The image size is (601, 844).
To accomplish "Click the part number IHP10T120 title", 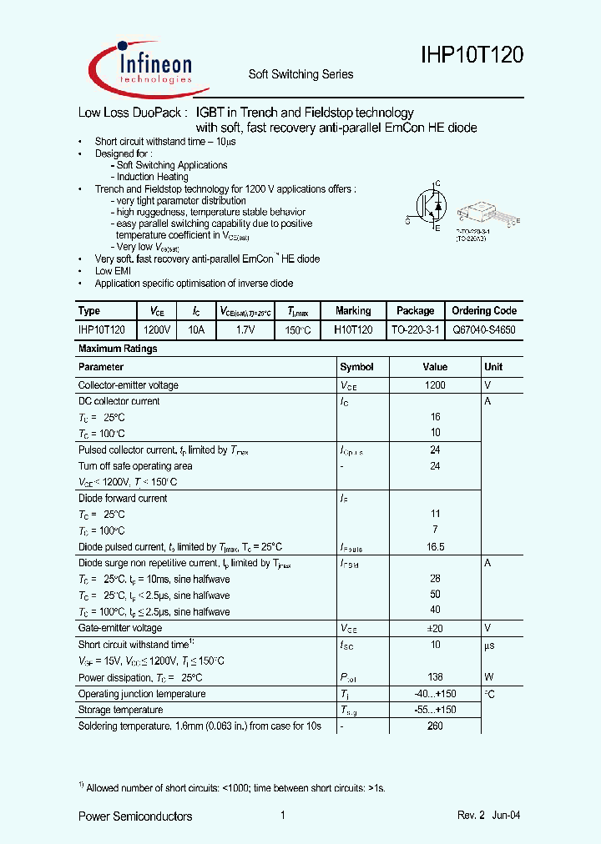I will tap(471, 56).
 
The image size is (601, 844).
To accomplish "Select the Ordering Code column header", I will tap(484, 310).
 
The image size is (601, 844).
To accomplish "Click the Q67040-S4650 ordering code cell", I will tap(484, 329).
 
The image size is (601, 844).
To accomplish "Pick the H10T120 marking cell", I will tap(353, 329).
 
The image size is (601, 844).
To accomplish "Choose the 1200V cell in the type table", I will tap(157, 329).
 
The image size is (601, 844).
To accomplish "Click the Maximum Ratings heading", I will tap(117, 349).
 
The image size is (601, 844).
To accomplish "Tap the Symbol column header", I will tap(357, 367).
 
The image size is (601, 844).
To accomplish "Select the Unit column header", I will tap(493, 367).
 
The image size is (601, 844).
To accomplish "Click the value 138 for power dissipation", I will tap(435, 677).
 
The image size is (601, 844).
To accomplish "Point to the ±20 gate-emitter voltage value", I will tap(435, 628).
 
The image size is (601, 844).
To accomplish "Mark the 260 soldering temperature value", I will tap(435, 726).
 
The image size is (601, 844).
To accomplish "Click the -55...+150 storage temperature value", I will tap(435, 710).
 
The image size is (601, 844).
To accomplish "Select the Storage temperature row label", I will tap(120, 710).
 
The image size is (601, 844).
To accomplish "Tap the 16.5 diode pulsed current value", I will tap(435, 547).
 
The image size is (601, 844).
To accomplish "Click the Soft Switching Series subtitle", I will tap(300, 74).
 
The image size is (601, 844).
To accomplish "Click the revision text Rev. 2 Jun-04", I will tap(490, 816).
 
